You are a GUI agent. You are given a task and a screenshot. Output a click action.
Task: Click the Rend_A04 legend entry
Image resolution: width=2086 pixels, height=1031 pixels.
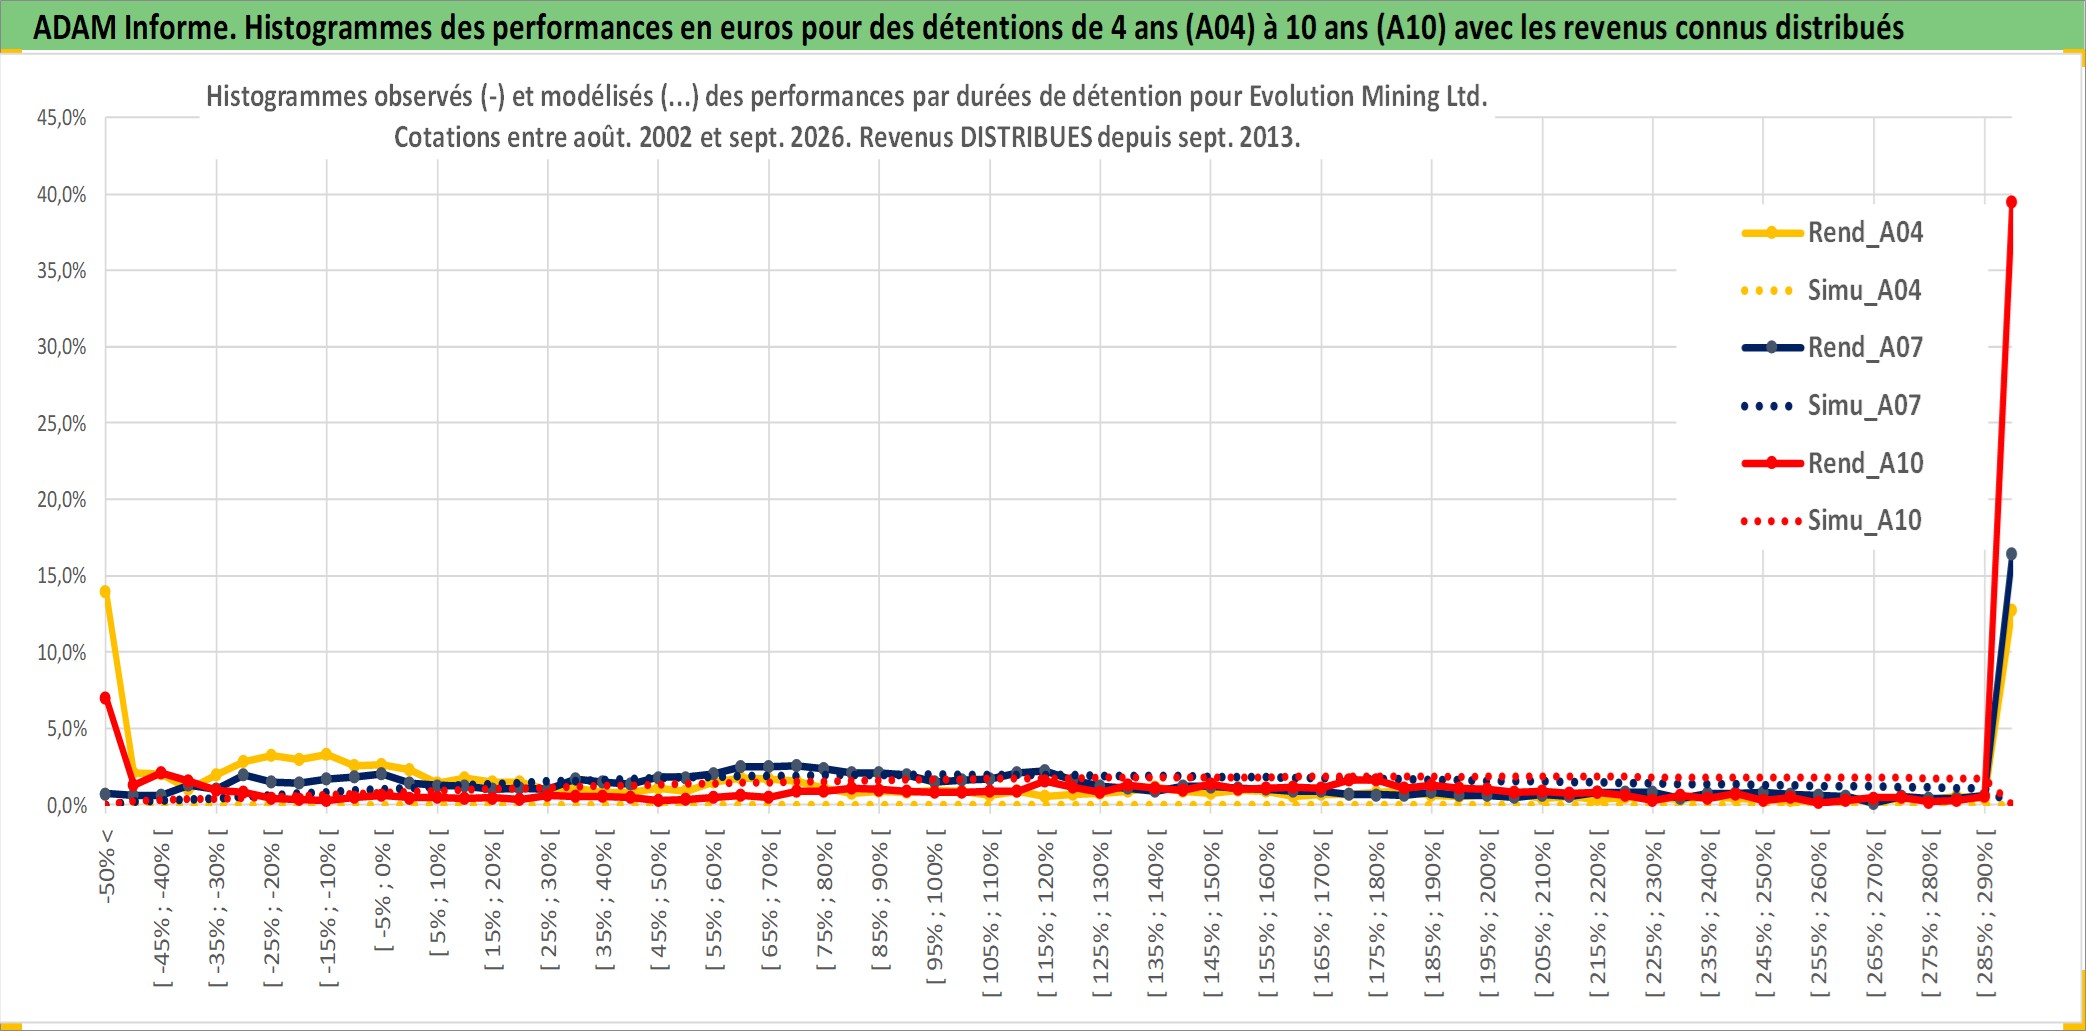tap(1832, 233)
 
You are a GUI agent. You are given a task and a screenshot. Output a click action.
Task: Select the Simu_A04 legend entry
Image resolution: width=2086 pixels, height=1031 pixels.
tap(1832, 291)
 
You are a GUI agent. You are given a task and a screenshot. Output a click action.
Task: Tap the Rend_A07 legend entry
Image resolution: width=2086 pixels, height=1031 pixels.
tap(1832, 348)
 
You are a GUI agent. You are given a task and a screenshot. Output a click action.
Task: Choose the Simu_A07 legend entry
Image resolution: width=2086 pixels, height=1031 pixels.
tap(1832, 406)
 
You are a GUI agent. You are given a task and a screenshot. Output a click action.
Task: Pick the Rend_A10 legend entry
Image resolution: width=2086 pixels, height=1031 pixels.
tap(1832, 464)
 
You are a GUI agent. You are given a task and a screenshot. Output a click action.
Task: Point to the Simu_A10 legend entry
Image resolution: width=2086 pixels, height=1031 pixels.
tap(1832, 521)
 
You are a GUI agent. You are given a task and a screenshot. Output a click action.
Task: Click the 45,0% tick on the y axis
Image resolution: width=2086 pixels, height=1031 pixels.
tap(62, 118)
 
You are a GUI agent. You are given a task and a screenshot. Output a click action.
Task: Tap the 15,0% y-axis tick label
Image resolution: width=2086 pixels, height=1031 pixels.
tap(62, 576)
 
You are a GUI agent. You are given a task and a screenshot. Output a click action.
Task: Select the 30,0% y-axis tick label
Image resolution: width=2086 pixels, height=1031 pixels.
tap(62, 347)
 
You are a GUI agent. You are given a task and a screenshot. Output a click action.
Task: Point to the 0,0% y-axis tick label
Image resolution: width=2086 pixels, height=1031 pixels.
tap(67, 805)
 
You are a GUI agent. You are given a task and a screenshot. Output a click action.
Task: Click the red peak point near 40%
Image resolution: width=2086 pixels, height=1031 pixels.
tap(2011, 202)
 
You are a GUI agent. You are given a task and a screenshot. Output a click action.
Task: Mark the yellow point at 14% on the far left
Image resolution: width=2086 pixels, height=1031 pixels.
tap(105, 591)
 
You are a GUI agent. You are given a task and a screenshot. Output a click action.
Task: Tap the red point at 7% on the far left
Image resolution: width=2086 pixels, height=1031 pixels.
tap(105, 698)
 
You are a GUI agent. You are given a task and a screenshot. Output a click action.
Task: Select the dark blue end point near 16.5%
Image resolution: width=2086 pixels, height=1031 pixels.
tap(2011, 554)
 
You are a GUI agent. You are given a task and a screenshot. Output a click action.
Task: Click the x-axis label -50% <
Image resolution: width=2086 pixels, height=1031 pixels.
tap(107, 866)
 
